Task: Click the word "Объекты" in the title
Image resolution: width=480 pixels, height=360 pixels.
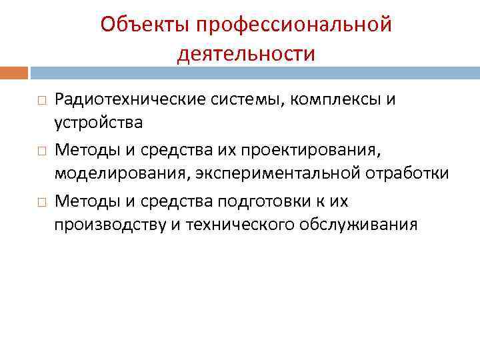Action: pyautogui.click(x=140, y=25)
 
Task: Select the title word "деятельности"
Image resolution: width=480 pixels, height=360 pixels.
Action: pyautogui.click(x=246, y=53)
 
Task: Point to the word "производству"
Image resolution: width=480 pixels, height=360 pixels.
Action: pyautogui.click(x=106, y=225)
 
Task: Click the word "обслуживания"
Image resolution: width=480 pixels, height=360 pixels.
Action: pyautogui.click(x=360, y=225)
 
